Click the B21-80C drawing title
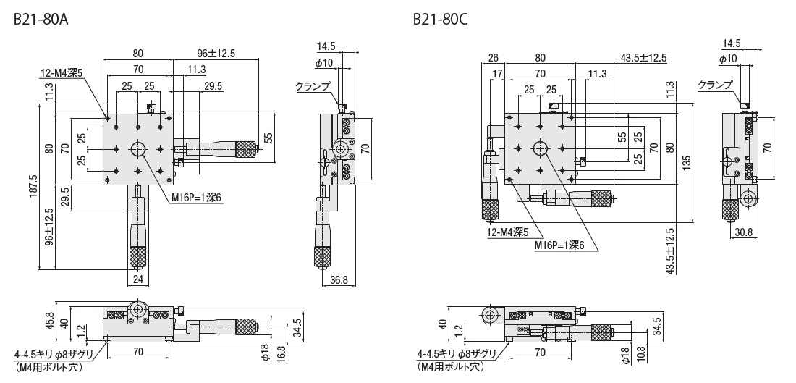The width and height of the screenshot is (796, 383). point(440,20)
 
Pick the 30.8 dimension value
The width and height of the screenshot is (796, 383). point(743,232)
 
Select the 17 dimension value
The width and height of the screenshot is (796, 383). point(497,74)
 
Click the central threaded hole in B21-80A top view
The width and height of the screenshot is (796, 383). point(138,149)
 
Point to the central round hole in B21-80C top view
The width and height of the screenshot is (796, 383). point(540,148)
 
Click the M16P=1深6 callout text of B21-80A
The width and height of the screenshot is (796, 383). point(196,198)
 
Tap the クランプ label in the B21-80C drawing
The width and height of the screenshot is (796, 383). point(715,85)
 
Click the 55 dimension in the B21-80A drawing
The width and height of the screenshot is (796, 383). point(268,137)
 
